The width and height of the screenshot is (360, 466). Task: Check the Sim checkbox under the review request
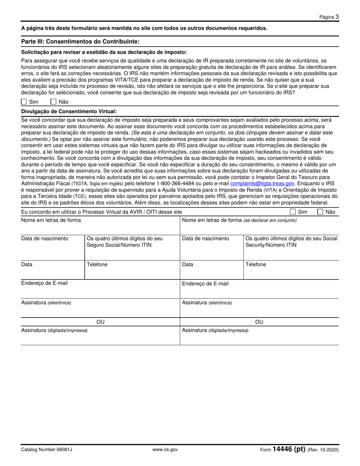coord(24,102)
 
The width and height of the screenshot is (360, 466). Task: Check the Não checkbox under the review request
coord(53,102)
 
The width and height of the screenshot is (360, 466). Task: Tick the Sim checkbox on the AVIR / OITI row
coord(293,212)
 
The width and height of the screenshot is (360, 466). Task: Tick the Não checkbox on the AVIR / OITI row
coord(320,212)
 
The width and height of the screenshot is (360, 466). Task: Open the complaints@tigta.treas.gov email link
coord(262,183)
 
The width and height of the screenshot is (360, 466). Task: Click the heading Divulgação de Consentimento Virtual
coord(69,111)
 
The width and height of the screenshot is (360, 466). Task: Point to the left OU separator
coord(100,322)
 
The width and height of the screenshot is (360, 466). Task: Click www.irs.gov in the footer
coord(165,450)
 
